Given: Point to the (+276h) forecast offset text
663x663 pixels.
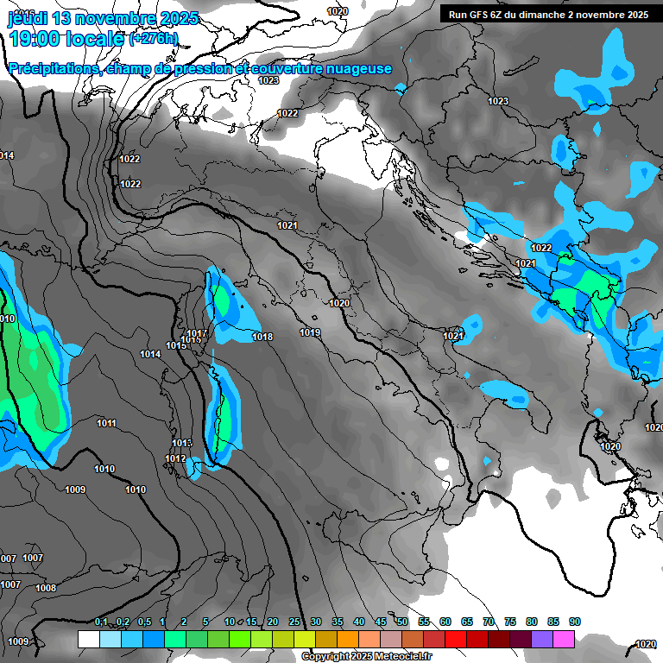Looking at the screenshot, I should tap(154, 39).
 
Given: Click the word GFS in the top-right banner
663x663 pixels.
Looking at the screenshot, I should tap(485, 15).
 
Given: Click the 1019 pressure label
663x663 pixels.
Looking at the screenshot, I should tap(311, 332).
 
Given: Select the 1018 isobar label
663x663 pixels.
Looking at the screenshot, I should tap(263, 337).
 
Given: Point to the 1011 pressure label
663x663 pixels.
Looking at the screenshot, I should tap(107, 423).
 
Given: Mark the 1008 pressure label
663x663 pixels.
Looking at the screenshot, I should tap(46, 588).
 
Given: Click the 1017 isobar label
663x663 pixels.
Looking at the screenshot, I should tap(197, 333).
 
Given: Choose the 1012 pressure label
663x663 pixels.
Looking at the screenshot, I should tap(175, 458).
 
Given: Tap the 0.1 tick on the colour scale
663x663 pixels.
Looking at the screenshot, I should tap(101, 622).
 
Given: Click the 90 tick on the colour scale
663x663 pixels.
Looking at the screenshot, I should tap(575, 622).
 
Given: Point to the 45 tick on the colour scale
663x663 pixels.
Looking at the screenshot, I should tap(381, 622).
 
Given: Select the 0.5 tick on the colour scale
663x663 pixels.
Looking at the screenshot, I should tap(143, 622).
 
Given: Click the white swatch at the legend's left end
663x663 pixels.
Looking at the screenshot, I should tap(88, 640).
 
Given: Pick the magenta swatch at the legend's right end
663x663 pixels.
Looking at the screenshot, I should tap(564, 640).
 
